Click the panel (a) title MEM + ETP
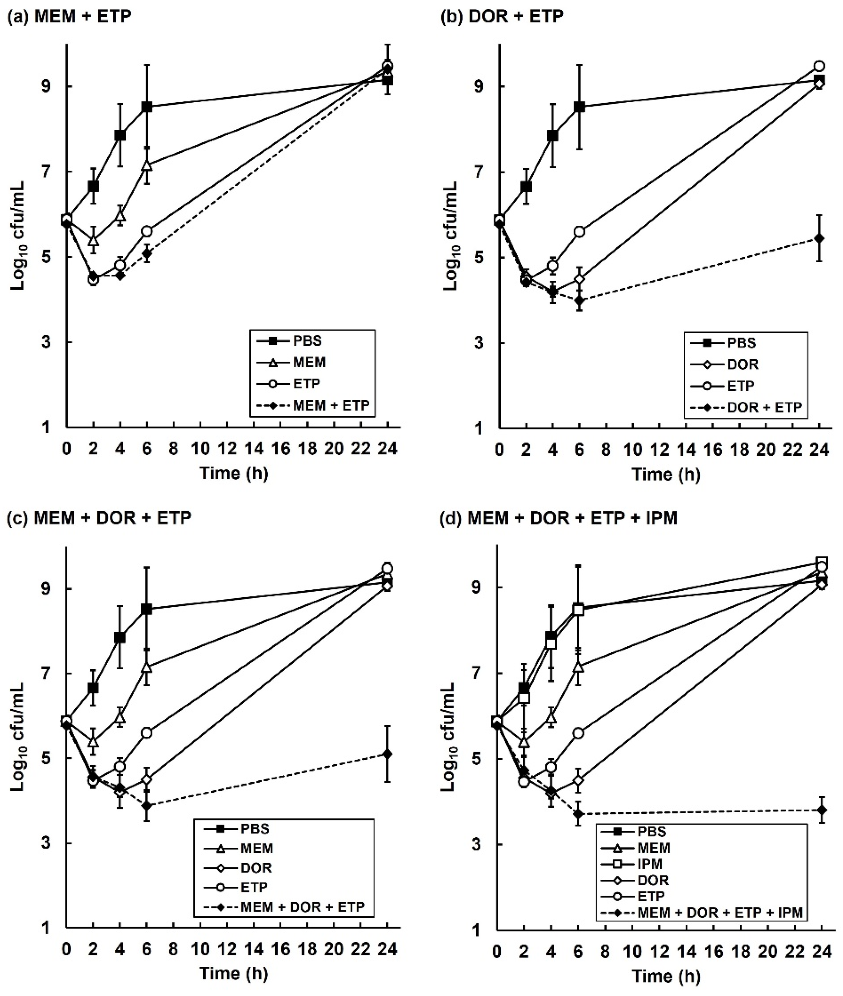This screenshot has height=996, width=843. click(70, 16)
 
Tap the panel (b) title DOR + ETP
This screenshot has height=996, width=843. click(502, 16)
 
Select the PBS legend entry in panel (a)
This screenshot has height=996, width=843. click(307, 341)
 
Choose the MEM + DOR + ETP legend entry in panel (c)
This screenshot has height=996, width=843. click(302, 907)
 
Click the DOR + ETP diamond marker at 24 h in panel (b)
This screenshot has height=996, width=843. click(819, 238)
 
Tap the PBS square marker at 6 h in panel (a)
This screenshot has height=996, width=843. click(147, 107)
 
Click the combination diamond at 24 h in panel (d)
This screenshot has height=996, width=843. click(822, 810)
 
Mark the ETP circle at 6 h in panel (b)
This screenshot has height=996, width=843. click(580, 231)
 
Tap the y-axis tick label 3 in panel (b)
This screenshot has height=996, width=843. click(489, 343)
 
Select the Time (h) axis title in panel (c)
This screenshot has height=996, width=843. click(233, 973)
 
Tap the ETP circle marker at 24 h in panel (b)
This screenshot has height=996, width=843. click(819, 66)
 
